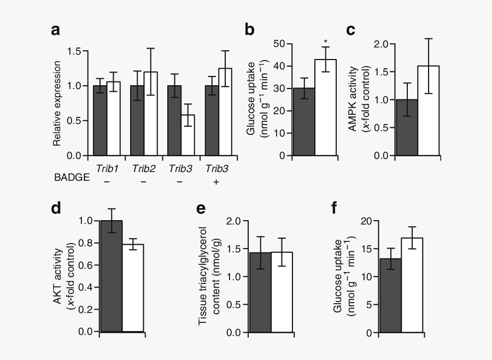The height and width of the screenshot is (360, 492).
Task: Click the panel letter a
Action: coord(56,30)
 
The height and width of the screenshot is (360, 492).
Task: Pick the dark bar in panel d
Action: coord(112,276)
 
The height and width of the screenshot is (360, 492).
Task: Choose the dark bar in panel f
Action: coord(391,296)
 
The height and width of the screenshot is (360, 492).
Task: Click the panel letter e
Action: coord(201,209)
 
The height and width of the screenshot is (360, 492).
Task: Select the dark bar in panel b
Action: coord(303,121)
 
